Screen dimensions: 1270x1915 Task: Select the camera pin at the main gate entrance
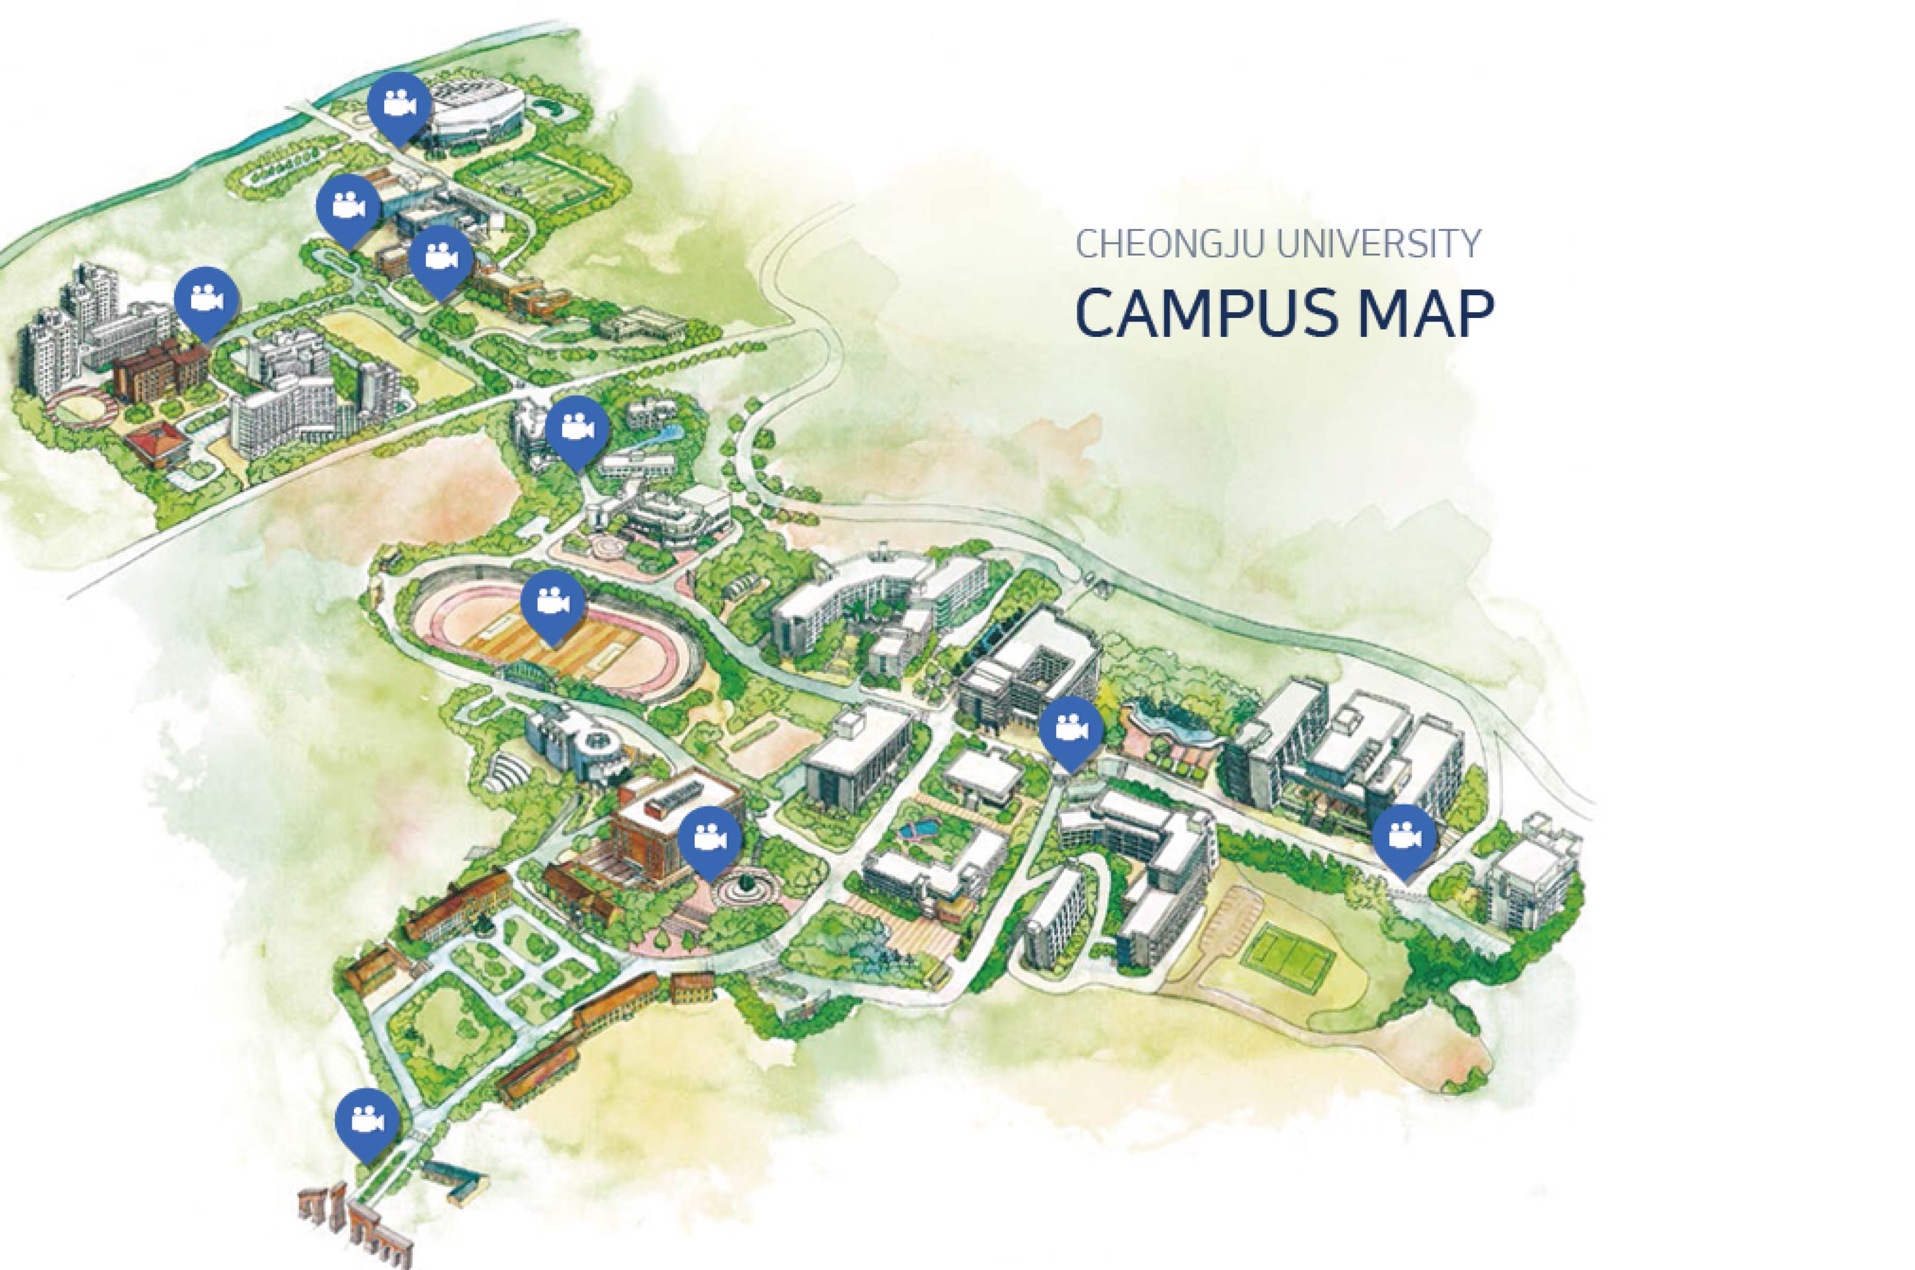(367, 1121)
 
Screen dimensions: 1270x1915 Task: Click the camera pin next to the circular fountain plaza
(709, 838)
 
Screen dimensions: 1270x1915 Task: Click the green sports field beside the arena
(539, 182)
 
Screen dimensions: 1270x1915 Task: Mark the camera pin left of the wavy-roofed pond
(1071, 728)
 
